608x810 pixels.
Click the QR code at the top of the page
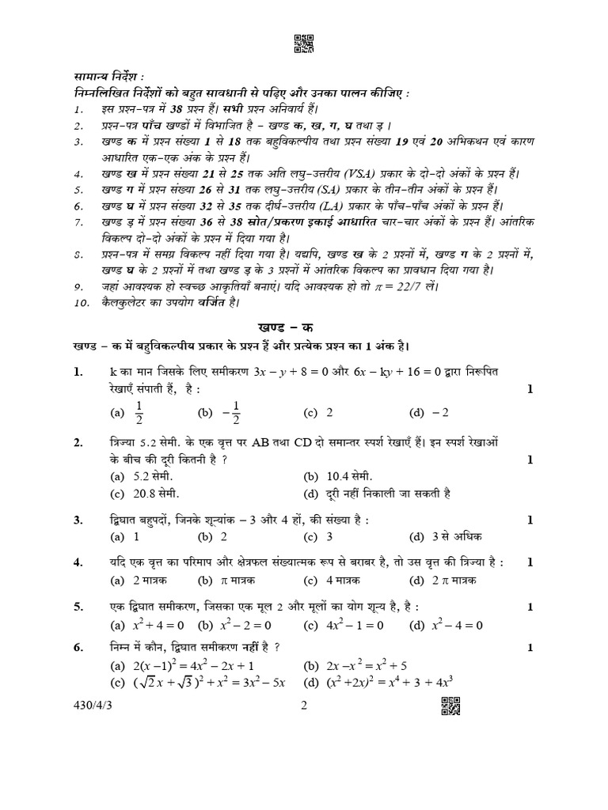tap(304, 45)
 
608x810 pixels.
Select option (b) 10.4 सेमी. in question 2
tap(337, 476)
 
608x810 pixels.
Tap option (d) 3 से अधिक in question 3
tap(446, 537)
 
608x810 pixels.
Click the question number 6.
tap(78, 648)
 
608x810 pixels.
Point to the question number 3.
tap(78, 520)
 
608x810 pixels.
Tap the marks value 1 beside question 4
tap(530, 562)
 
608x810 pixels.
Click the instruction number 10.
tap(79, 302)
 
